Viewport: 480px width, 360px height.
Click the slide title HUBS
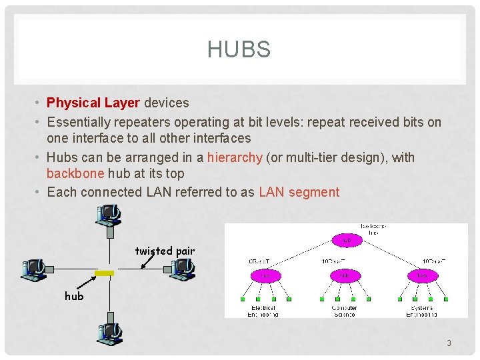239,50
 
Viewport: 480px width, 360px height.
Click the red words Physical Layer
93,103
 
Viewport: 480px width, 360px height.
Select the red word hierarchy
235,157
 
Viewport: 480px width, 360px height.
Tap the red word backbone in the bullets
75,173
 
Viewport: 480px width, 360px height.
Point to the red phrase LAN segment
299,192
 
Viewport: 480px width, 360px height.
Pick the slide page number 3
449,343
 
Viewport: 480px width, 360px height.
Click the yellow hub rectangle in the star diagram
105,273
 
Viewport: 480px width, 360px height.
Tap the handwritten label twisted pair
165,251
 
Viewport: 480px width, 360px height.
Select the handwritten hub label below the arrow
74,295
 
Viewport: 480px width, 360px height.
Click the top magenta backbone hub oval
347,239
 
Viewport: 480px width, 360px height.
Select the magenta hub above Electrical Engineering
264,275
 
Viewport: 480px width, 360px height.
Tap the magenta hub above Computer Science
345,275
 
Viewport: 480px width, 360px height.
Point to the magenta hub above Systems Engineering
423,275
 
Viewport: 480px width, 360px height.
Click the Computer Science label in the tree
344,311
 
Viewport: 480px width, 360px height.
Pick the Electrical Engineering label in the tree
263,311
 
